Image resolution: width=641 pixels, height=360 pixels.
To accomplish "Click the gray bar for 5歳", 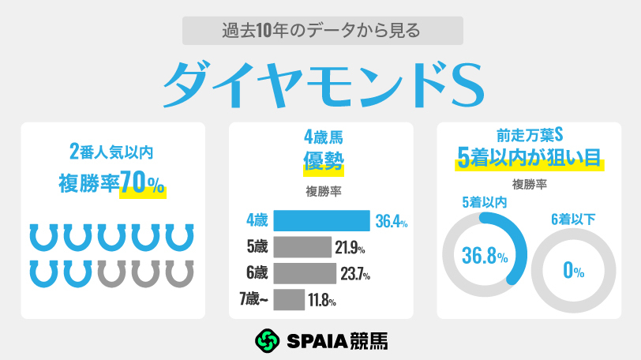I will coord(302,247).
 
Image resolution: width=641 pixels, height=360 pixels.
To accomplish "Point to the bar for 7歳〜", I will coord(289,299).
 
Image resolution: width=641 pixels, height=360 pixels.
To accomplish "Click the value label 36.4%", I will coord(392,222).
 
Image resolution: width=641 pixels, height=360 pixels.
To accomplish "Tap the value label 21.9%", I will coord(350,248).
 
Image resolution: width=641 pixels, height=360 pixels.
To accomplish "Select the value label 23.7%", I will coord(354,274).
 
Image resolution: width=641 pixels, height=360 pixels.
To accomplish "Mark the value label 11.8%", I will coord(323,300).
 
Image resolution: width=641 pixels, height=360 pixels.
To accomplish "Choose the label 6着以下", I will coord(573,219).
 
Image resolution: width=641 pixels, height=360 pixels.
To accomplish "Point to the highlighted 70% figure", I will coord(143,184).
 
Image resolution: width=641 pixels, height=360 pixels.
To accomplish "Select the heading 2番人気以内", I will coord(112,152).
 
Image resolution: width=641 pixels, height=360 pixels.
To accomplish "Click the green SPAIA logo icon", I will coord(268,340).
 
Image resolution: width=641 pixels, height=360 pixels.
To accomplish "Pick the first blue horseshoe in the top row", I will coord(44,237).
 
